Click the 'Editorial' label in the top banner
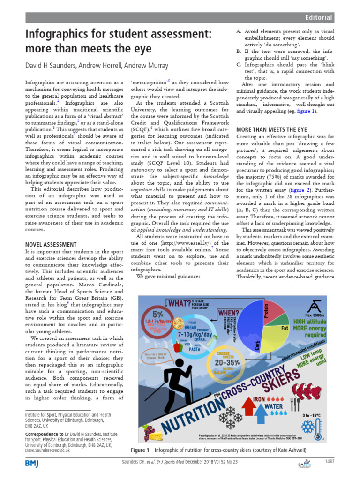(318, 18)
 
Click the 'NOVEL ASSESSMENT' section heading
(50, 244)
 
